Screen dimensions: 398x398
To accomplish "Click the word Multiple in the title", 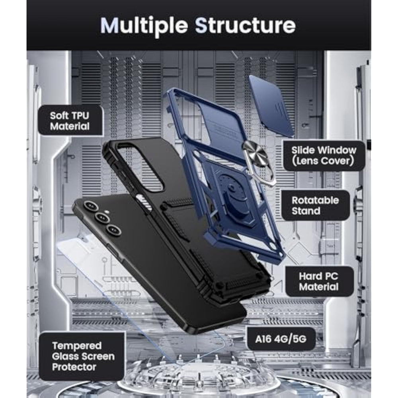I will click(144, 25).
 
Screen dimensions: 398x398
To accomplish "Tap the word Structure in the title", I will click(245, 25).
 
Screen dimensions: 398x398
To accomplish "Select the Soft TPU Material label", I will click(70, 121).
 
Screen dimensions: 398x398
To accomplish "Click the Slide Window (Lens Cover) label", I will click(323, 156).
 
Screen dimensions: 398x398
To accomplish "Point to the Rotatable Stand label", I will click(315, 205).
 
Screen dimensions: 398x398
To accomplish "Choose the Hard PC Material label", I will click(319, 281).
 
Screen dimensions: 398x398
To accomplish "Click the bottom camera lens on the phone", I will click(114, 230).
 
